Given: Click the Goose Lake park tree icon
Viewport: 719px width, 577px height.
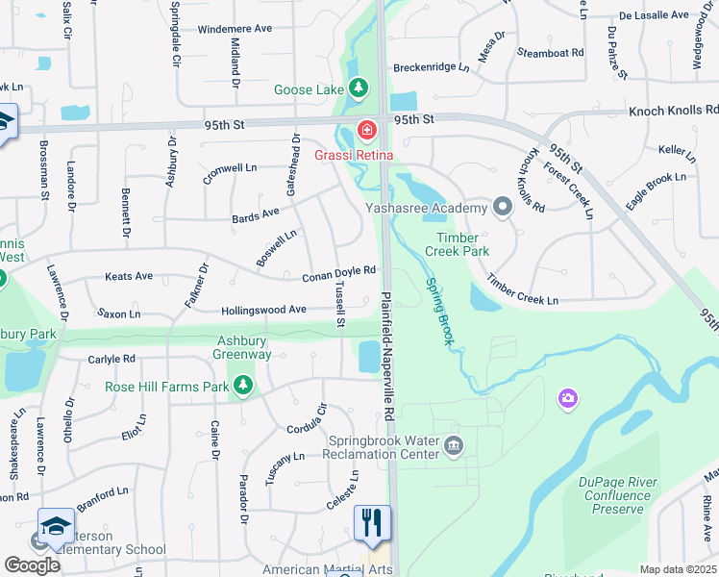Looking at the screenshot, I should pos(359,90).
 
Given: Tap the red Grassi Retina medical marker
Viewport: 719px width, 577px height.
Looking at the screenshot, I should pos(366,130).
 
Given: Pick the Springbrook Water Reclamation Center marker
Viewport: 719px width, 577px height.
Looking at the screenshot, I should pos(454,445).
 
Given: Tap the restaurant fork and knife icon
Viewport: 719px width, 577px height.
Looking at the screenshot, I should pos(371,522).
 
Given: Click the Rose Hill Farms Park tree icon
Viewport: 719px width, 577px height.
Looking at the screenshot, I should pos(243,387).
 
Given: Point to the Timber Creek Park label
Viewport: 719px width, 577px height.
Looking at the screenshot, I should pos(463,244).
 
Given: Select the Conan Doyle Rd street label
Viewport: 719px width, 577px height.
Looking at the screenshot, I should pos(337,276).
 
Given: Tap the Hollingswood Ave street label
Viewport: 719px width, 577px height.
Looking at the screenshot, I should pos(263,310).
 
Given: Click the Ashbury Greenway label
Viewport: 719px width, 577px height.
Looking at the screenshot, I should pos(244,347).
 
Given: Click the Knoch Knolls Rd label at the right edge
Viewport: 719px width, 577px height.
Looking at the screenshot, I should pos(674,112).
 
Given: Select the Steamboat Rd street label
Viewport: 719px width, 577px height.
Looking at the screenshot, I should pos(551,52).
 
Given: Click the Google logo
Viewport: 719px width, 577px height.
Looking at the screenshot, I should pos(33,565).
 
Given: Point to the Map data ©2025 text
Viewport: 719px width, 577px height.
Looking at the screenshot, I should pos(678,569).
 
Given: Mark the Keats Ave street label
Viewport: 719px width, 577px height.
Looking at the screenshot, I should pos(129,276).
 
